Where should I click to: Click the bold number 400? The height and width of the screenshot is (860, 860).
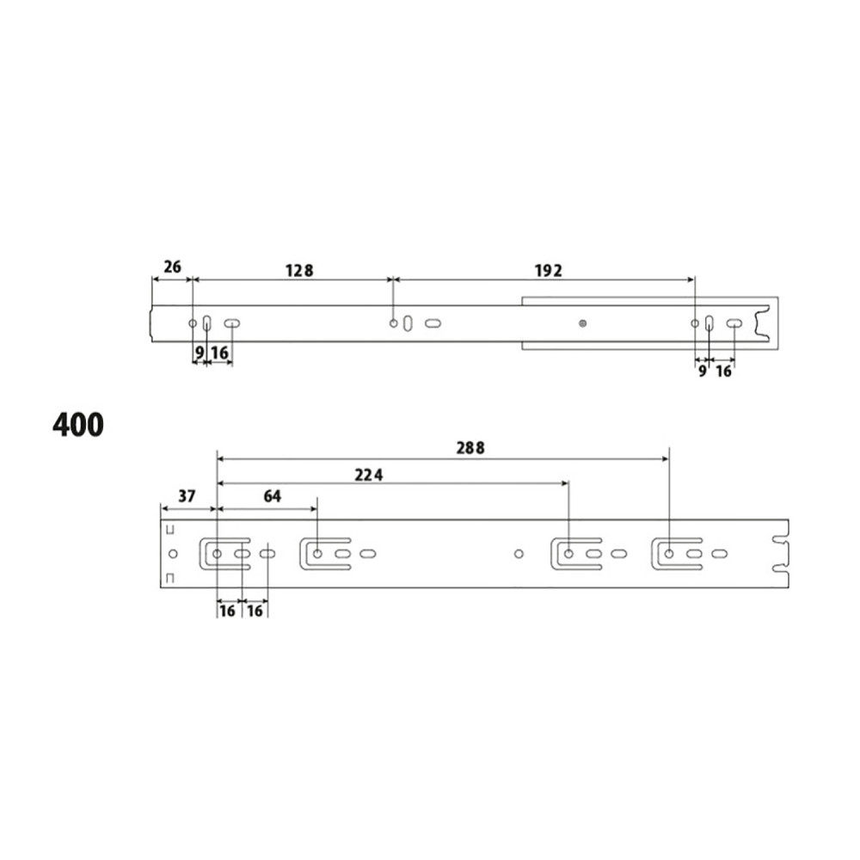tap(78, 425)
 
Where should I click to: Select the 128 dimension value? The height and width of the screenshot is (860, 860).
tap(299, 270)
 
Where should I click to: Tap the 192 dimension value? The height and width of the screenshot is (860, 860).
tap(549, 270)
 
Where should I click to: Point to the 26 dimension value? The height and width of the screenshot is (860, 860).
tap(172, 267)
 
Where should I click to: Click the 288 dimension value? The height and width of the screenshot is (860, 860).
tap(470, 448)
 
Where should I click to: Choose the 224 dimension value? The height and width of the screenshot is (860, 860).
tap(369, 475)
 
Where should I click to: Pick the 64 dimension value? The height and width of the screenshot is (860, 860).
tap(273, 496)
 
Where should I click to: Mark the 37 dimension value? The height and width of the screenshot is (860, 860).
tap(187, 496)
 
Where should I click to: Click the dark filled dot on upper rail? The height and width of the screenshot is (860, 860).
tap(582, 323)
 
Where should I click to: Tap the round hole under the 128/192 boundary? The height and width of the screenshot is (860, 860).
tap(393, 323)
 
